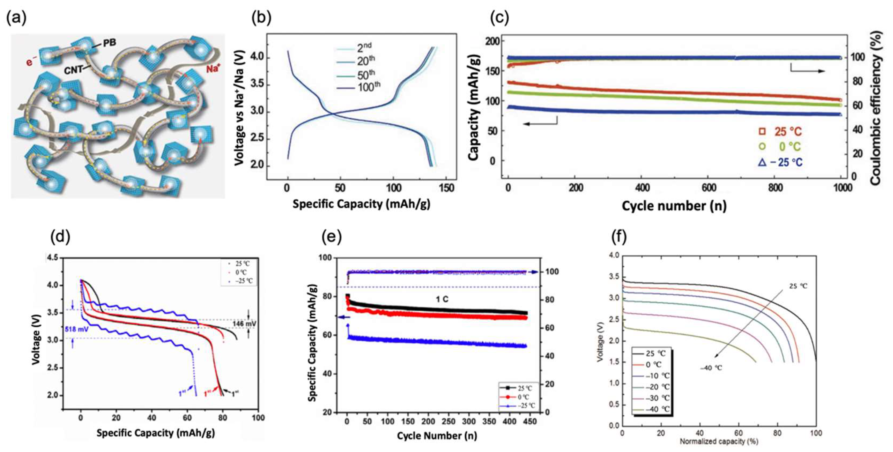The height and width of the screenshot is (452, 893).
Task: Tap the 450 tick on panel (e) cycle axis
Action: [x=530, y=421]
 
